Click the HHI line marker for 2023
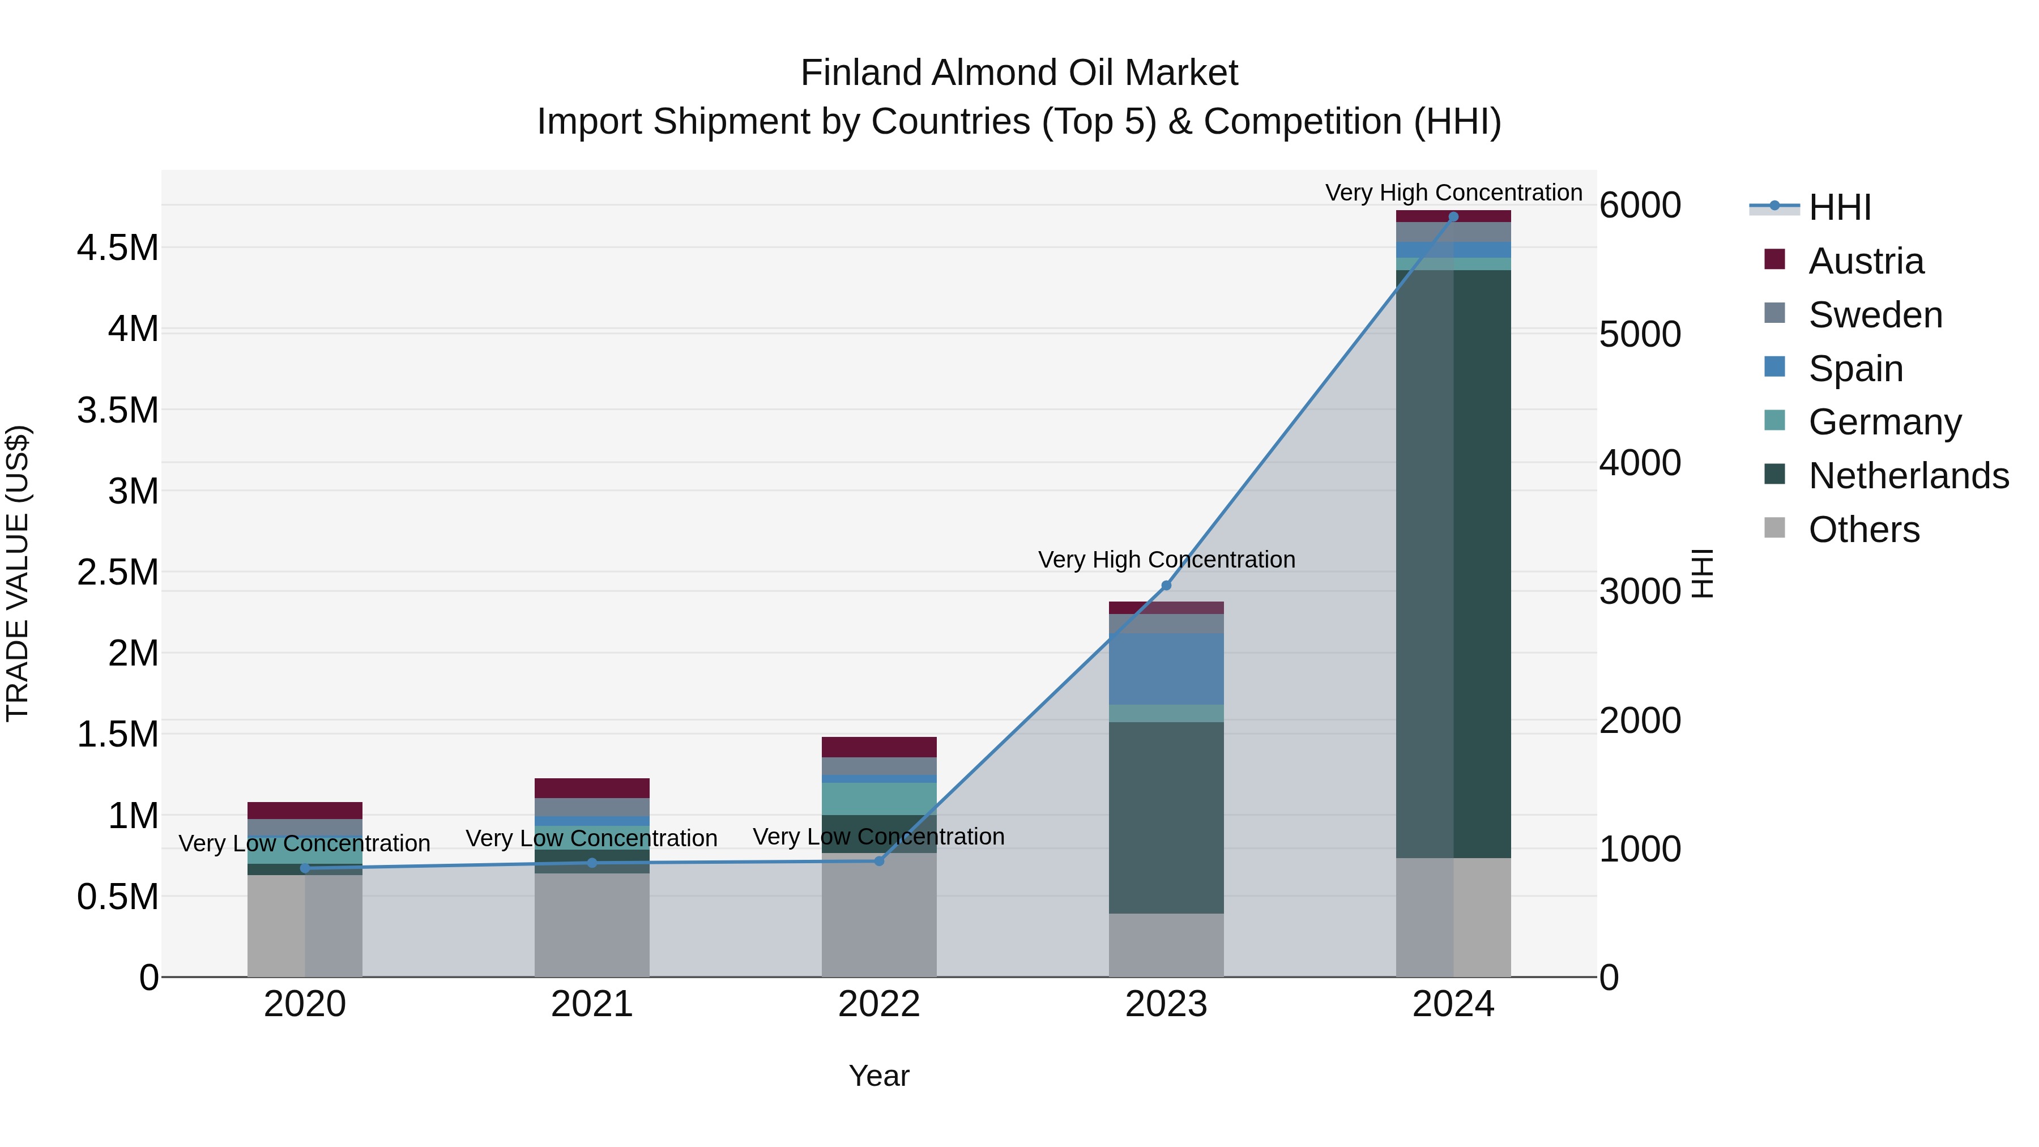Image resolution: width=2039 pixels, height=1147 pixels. (1166, 586)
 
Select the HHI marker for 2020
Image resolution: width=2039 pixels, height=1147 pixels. (305, 868)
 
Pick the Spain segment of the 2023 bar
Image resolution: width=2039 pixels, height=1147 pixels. (1166, 668)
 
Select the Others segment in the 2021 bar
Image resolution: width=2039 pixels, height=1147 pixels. (591, 924)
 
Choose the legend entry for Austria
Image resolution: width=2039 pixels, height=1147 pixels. (1865, 261)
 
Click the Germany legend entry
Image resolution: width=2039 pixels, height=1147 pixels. (1884, 422)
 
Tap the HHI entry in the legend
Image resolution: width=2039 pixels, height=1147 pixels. (1838, 207)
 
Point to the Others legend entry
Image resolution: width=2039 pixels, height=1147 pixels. (1863, 530)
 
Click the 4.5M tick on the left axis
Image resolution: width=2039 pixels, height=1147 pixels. (117, 248)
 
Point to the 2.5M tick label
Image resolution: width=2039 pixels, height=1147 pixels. (117, 572)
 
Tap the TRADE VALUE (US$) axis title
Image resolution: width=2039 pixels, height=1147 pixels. (18, 573)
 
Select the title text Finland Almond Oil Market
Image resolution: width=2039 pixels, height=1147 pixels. (1019, 73)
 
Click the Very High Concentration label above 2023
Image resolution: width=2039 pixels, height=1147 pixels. (1166, 560)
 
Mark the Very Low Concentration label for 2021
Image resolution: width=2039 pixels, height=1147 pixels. (591, 838)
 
